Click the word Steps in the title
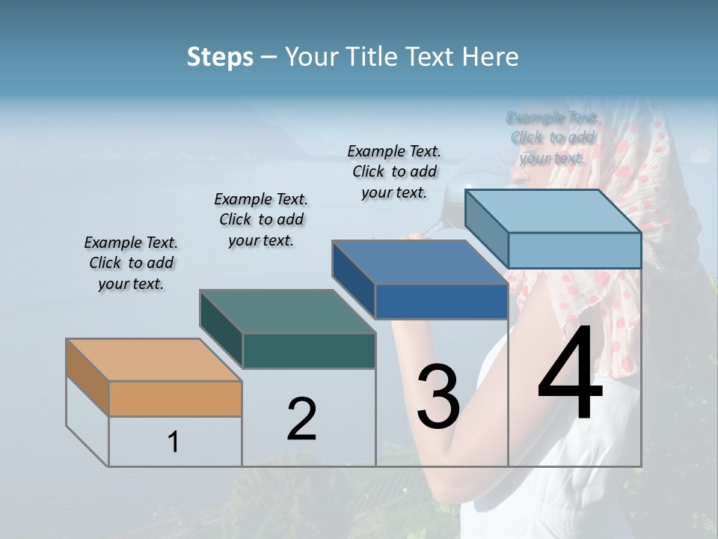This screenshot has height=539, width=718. click(220, 57)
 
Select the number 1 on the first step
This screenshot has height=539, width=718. click(174, 442)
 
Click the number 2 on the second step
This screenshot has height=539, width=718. click(302, 419)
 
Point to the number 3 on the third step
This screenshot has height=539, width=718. click(438, 397)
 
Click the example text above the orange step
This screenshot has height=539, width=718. click(131, 263)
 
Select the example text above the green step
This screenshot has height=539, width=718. click(261, 219)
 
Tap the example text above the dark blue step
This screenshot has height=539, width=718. click(394, 171)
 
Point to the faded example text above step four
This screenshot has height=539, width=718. click(553, 137)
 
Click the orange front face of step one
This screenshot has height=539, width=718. click(175, 398)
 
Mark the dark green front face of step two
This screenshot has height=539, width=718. click(309, 350)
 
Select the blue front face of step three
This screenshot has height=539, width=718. click(441, 301)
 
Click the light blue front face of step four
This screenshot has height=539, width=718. click(574, 250)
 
